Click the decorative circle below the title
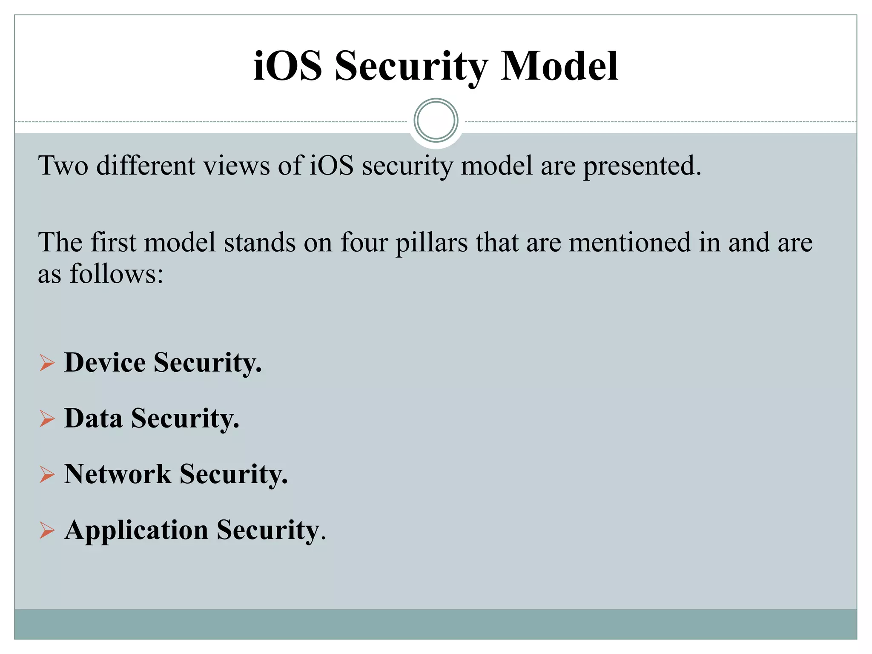(x=436, y=120)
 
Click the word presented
(x=642, y=166)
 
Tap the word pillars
(x=431, y=243)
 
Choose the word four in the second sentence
(x=364, y=242)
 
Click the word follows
(x=116, y=273)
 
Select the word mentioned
(x=629, y=242)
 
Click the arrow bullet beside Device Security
(x=47, y=363)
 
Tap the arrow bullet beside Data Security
(x=47, y=419)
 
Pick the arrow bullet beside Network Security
(x=47, y=475)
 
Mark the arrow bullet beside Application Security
(x=47, y=531)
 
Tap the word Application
(x=136, y=531)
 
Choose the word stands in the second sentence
(x=260, y=242)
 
